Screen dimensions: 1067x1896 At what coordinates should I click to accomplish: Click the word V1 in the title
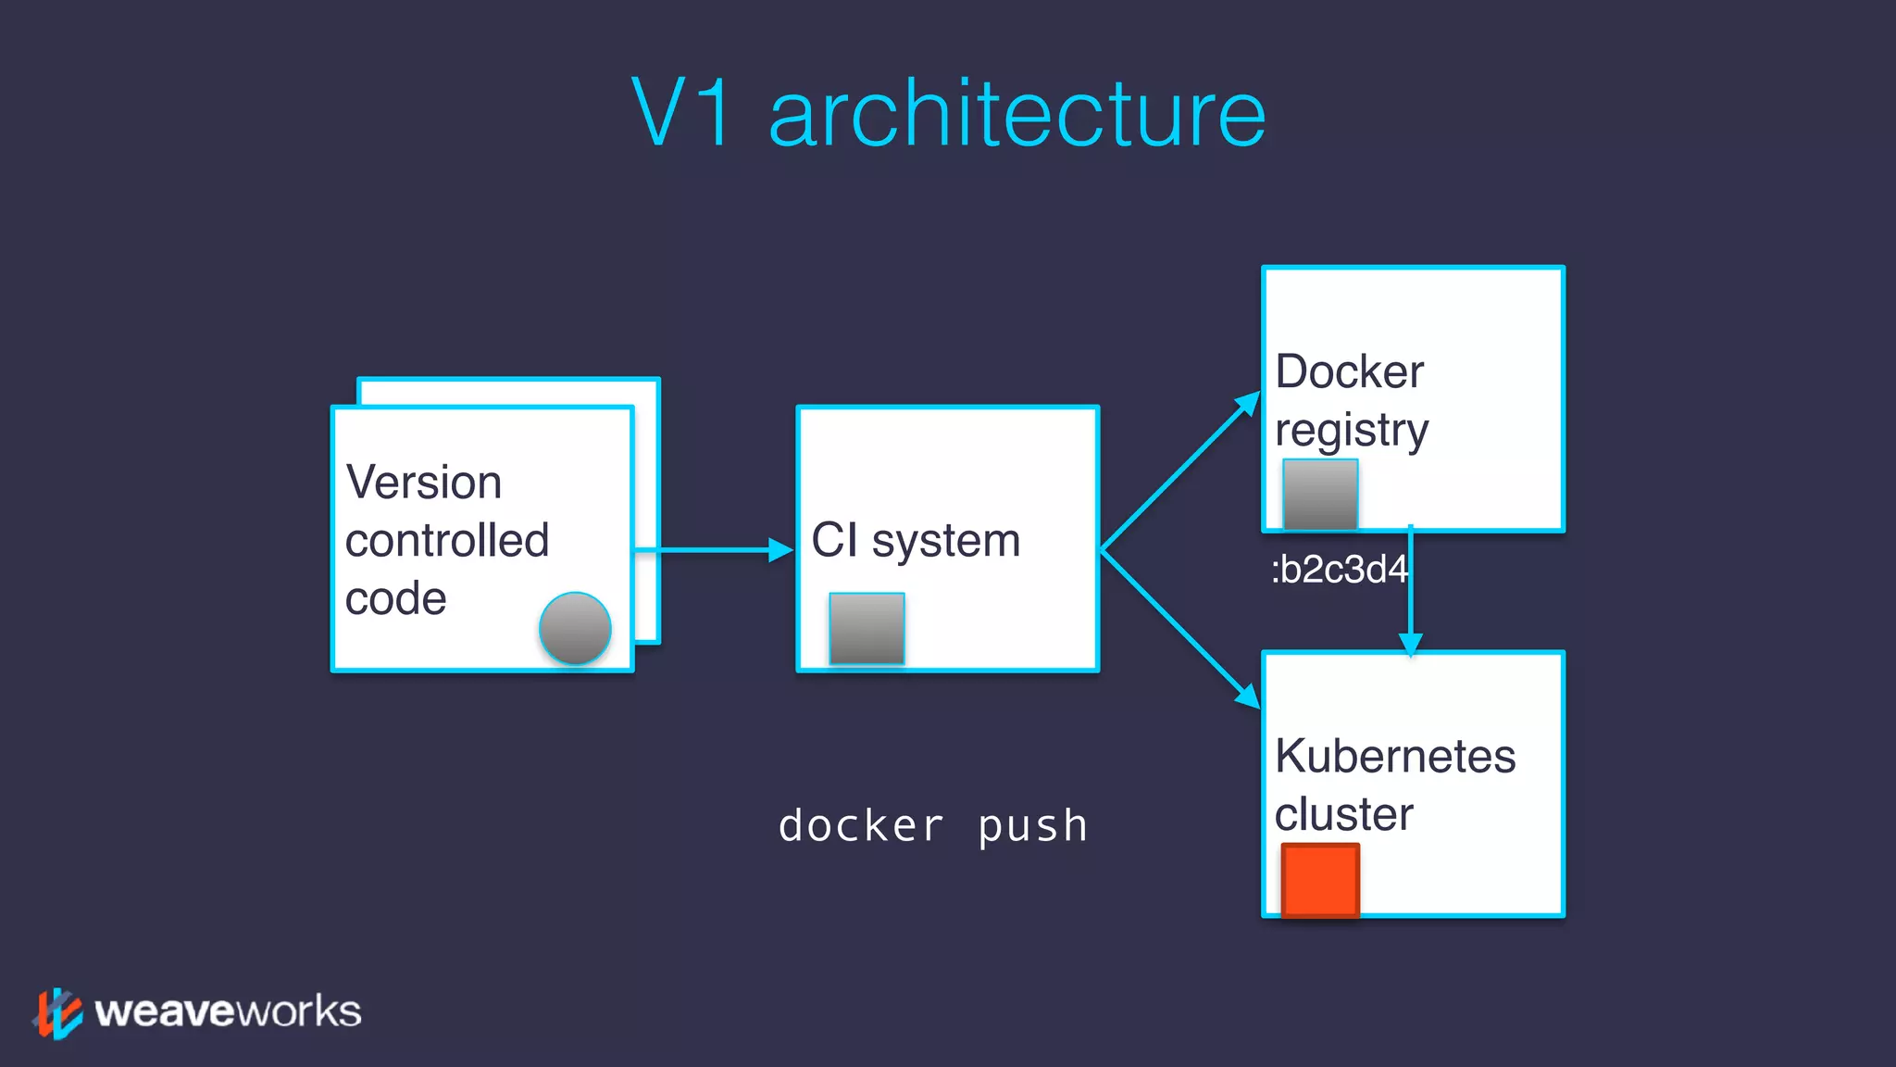(x=683, y=114)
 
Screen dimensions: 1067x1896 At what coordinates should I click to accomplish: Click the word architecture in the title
(x=1017, y=114)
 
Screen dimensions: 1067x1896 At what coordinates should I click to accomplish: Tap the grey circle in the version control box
(x=575, y=629)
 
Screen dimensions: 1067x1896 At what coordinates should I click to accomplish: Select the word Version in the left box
(x=423, y=483)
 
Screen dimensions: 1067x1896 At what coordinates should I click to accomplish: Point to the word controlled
(x=447, y=540)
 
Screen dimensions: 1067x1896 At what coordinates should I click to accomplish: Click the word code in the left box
(x=395, y=598)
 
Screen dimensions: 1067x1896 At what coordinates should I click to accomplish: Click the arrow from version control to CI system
(x=713, y=550)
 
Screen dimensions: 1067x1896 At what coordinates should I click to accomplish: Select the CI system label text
(x=916, y=540)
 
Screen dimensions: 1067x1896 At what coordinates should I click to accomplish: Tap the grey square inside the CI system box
(x=867, y=628)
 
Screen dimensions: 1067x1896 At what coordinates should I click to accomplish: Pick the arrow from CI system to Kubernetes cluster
(x=1180, y=630)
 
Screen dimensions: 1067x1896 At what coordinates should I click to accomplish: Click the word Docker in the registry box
(x=1349, y=372)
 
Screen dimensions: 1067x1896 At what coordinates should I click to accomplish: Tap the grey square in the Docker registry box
(x=1320, y=495)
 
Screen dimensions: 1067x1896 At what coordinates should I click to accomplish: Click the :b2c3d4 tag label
(x=1338, y=570)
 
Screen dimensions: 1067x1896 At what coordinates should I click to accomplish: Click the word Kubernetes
(x=1394, y=756)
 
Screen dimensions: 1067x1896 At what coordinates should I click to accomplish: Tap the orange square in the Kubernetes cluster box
(x=1320, y=879)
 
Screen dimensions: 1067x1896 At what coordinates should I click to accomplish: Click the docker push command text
(x=933, y=826)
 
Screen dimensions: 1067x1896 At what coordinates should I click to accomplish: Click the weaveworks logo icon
(x=57, y=1012)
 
